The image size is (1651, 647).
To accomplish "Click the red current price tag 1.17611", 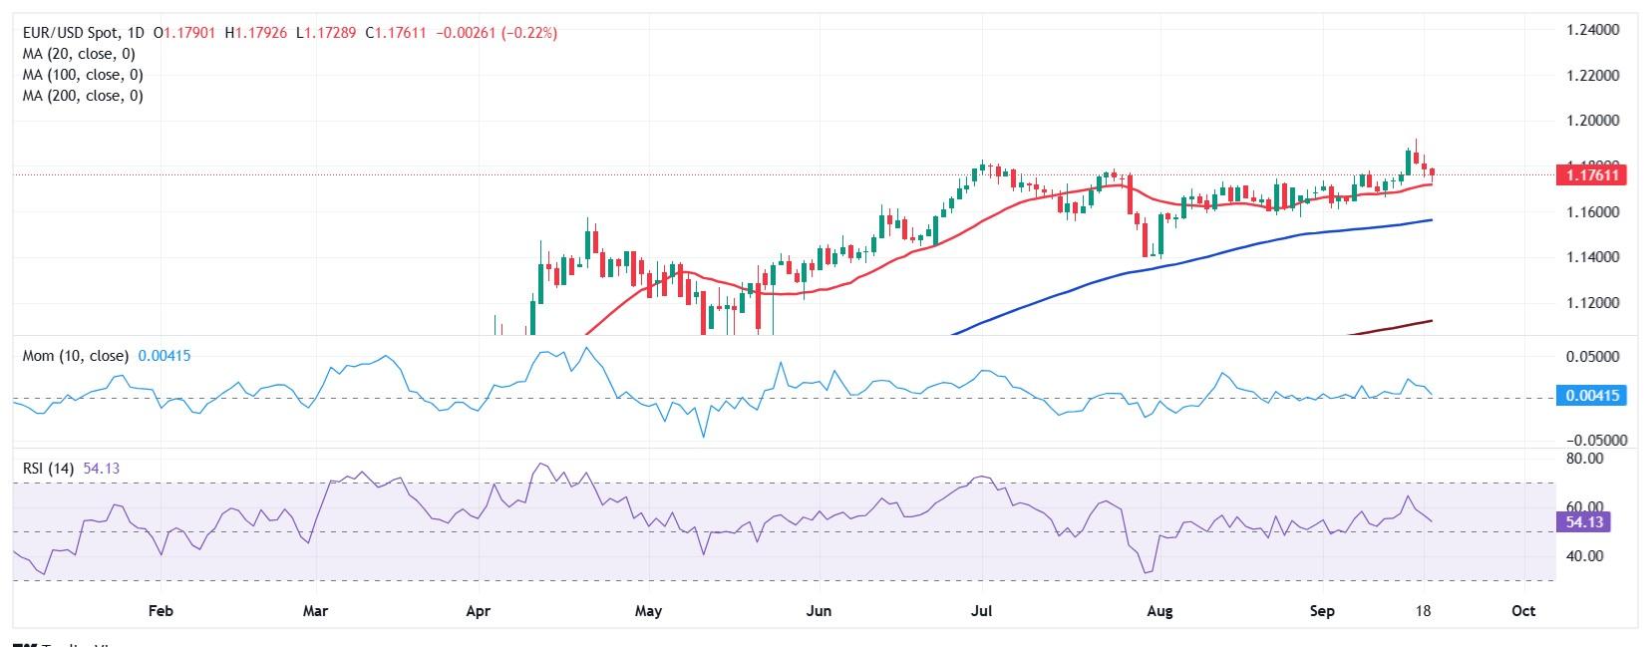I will [x=1591, y=175].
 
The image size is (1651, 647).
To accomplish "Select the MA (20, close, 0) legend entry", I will [x=79, y=54].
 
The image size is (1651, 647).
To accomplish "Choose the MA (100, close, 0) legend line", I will [x=83, y=75].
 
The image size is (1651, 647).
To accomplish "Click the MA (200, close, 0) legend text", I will [x=83, y=96].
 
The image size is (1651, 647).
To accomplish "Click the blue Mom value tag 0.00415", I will [x=1591, y=396].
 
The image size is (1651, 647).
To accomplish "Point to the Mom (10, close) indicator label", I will [x=76, y=355].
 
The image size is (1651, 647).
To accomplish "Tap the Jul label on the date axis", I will [x=982, y=610].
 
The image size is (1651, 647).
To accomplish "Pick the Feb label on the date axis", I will [x=160, y=610].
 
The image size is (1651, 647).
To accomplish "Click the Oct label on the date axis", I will [x=1522, y=610].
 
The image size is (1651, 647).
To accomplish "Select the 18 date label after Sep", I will [x=1426, y=610].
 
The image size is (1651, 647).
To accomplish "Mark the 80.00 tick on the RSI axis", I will [x=1584, y=459].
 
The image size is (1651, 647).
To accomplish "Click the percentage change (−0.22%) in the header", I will [x=527, y=33].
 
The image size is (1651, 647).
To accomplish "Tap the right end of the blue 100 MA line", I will [x=1432, y=220].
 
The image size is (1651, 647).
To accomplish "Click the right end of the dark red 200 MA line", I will [x=1432, y=321].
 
